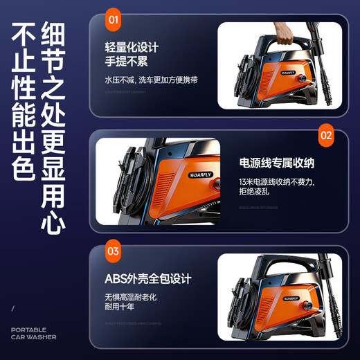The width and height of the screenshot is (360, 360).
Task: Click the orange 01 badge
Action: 113,19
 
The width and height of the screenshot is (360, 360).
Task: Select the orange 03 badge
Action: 113,251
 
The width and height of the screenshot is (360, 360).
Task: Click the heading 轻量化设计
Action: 132,48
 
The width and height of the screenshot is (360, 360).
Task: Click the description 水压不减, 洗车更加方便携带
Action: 151,80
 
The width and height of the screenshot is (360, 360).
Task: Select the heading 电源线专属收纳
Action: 277,163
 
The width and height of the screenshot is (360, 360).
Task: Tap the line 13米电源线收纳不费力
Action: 276,181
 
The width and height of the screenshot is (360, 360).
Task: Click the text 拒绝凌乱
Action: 254,192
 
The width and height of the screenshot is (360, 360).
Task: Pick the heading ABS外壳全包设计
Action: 147,279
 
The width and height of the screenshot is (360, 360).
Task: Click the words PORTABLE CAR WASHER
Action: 33,334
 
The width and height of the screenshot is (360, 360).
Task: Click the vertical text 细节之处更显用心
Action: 53,128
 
